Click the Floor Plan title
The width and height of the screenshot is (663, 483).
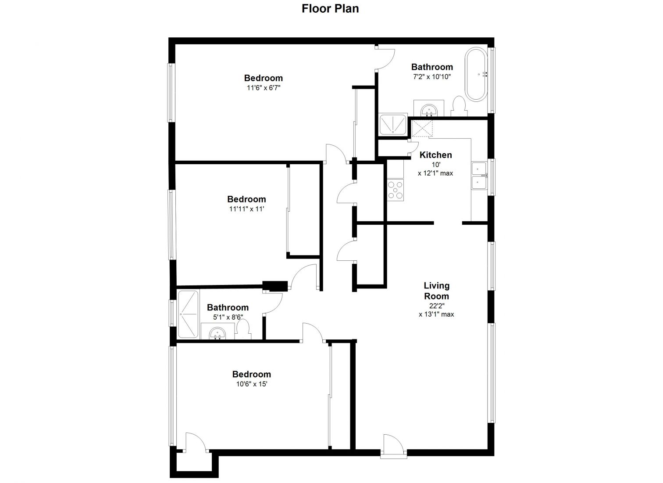click(330, 9)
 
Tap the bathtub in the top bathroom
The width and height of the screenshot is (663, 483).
click(476, 75)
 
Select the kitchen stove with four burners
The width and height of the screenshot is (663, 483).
click(395, 190)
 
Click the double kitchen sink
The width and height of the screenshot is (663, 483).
click(480, 176)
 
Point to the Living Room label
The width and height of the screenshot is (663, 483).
click(437, 291)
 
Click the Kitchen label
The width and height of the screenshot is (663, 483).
click(436, 155)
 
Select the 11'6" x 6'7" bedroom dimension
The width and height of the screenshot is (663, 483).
click(264, 88)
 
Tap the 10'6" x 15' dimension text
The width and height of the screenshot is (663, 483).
click(252, 384)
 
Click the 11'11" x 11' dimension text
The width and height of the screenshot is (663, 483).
click(246, 209)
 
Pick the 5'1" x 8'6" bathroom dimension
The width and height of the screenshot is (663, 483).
click(228, 317)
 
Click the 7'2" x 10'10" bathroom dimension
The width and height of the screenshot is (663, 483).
click(432, 77)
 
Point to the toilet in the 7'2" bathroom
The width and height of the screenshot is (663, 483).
click(459, 106)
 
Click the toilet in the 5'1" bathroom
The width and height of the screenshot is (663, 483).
click(243, 330)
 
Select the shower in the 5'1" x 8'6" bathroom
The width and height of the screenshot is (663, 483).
click(188, 314)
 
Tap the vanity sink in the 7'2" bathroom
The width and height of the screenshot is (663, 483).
click(429, 108)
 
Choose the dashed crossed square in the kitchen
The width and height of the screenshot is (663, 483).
click(422, 128)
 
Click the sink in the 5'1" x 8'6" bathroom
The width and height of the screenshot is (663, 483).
click(217, 332)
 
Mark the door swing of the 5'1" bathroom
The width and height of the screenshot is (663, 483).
click(273, 303)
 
